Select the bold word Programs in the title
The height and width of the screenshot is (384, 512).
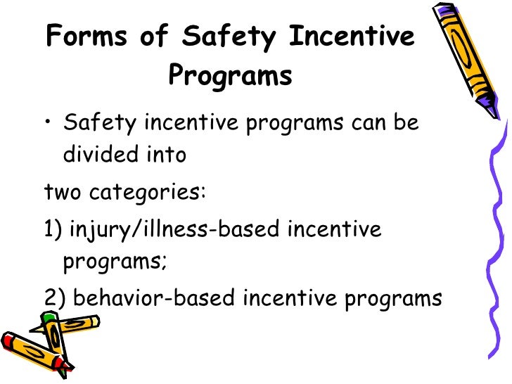(x=230, y=77)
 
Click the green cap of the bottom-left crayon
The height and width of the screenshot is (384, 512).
(x=47, y=319)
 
